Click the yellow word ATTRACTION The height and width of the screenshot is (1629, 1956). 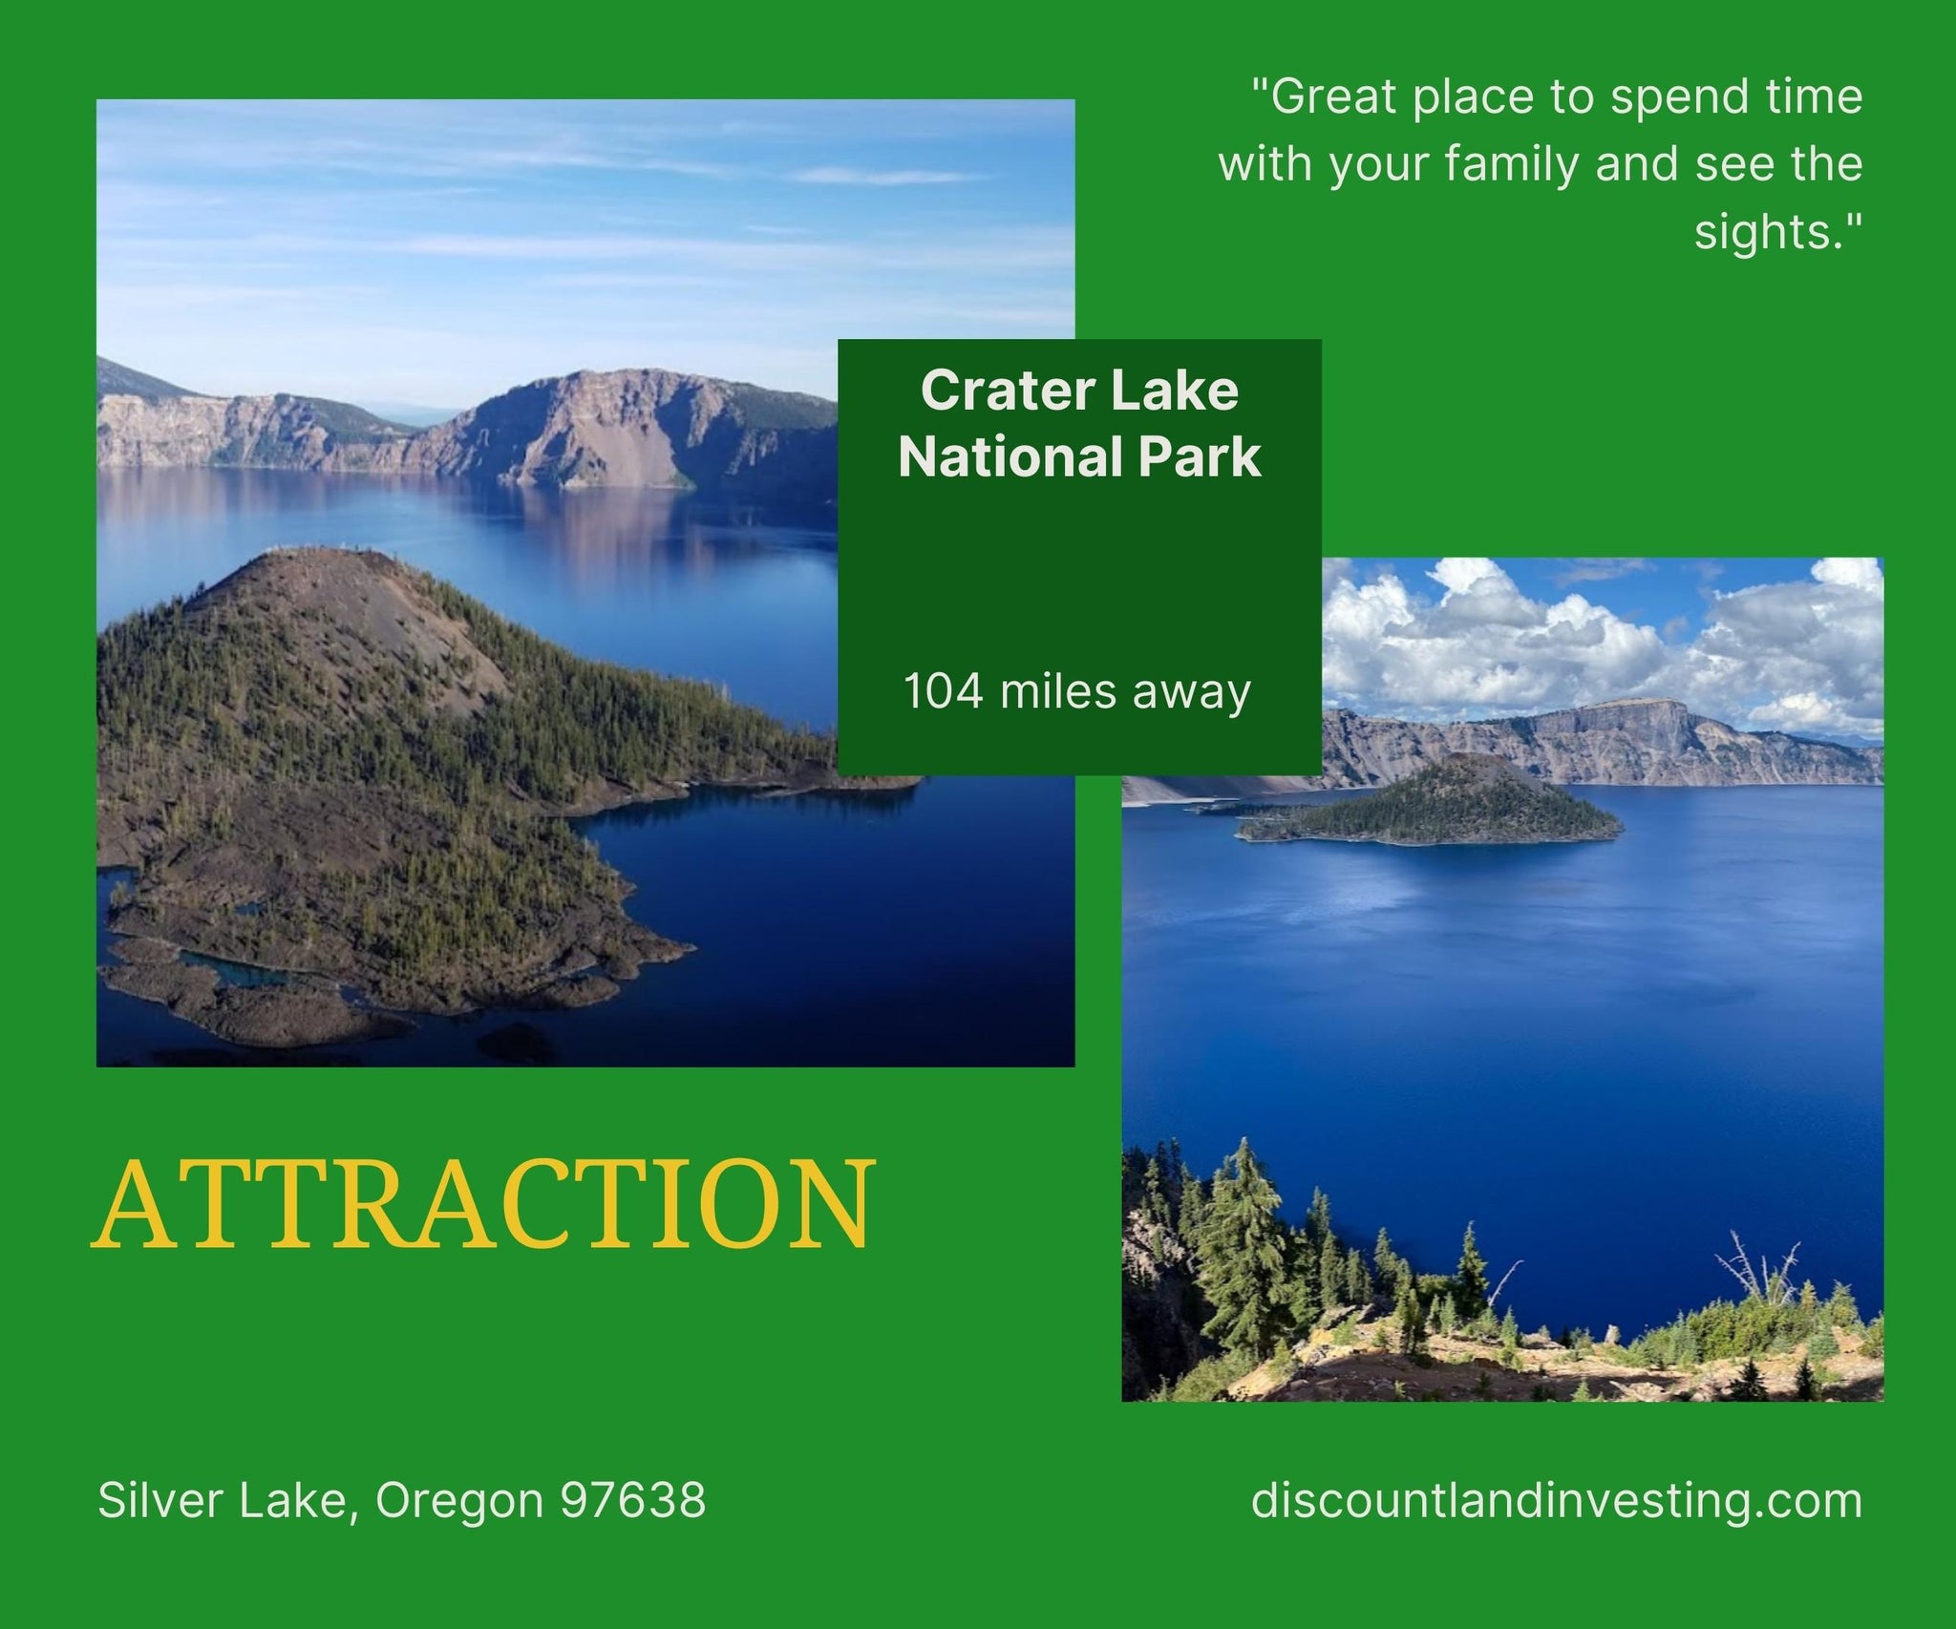[x=483, y=1205]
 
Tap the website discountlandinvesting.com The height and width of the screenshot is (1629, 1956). [x=1557, y=1500]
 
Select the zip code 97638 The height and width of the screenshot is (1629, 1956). [x=633, y=1500]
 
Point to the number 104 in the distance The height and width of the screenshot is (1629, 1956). [x=943, y=691]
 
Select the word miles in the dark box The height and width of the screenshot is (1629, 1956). [x=1057, y=691]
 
